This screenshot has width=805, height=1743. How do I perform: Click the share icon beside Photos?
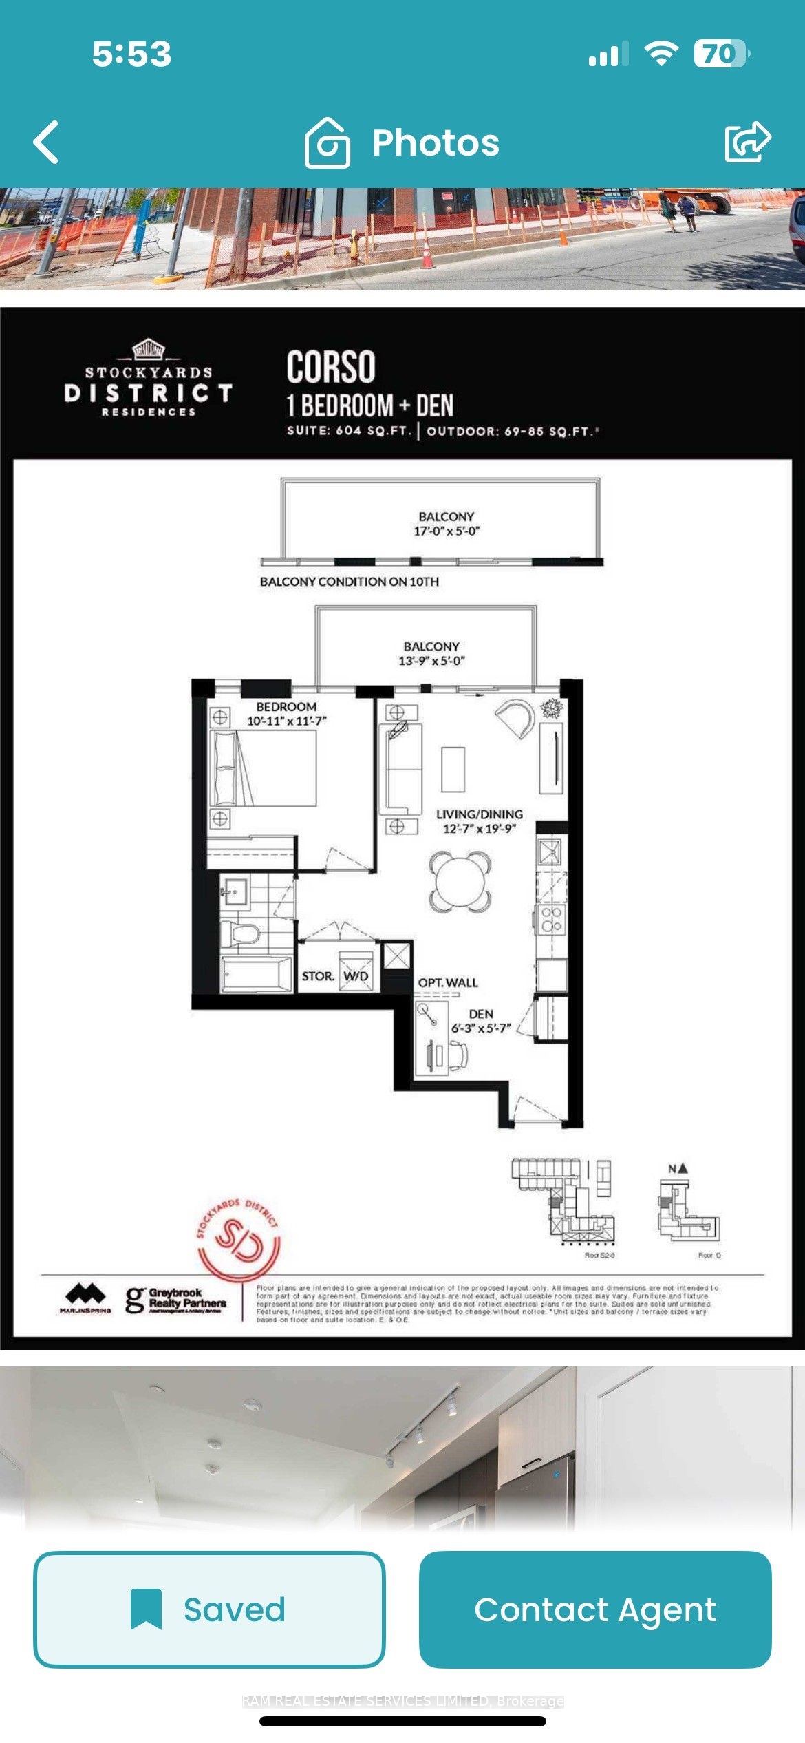747,142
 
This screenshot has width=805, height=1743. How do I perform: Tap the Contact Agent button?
595,1609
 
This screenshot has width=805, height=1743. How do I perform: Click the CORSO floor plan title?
331,366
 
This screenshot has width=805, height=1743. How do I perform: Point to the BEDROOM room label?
286,707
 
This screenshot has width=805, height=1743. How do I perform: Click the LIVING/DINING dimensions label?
479,829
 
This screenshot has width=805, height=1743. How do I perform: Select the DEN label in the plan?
481,1014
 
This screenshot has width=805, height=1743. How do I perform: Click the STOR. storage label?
318,976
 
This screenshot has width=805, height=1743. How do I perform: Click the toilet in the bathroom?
241,934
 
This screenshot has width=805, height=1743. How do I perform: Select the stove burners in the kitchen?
551,919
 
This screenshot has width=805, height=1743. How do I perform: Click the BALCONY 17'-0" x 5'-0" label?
446,524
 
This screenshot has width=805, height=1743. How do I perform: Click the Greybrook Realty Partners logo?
175,1300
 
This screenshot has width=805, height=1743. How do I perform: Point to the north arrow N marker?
678,1169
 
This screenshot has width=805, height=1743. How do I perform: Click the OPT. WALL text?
448,982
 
